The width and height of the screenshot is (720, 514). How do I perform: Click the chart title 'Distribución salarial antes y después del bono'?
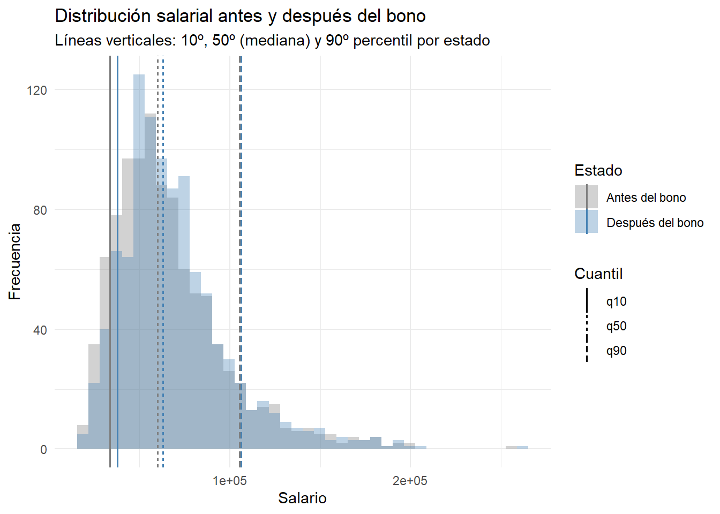click(240, 16)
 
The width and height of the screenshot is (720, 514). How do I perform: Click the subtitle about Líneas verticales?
click(272, 41)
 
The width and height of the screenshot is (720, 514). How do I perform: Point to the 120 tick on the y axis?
click(37, 90)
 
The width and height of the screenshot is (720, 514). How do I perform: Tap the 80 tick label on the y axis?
click(40, 210)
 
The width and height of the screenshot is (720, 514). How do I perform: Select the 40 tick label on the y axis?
click(40, 330)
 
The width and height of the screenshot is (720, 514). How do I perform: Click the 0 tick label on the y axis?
click(43, 450)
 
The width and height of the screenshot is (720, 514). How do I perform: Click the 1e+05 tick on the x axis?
click(230, 481)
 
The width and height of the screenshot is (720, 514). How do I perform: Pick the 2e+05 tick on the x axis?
click(410, 481)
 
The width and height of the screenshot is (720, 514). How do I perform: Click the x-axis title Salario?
click(302, 498)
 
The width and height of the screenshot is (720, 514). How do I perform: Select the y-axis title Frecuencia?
click(15, 261)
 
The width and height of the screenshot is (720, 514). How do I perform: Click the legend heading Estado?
click(598, 171)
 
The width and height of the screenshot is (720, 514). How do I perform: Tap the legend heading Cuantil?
click(598, 274)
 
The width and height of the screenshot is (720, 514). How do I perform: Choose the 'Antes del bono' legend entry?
click(646, 198)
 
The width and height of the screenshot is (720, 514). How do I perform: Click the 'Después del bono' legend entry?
click(655, 223)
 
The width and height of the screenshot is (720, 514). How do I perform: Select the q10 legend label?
click(616, 301)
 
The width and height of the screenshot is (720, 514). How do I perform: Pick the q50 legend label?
click(616, 326)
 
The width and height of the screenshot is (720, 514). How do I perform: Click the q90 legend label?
click(616, 351)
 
